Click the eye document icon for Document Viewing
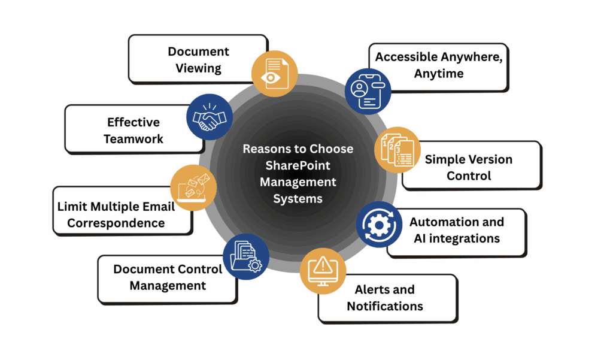point(272,73)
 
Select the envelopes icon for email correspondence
point(193,187)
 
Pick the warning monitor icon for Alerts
point(323,270)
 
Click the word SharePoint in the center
point(298,165)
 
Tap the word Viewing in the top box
point(198,68)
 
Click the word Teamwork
point(133,139)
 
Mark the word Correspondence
point(116,223)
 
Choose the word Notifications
point(385,306)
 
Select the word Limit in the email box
point(72,207)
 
